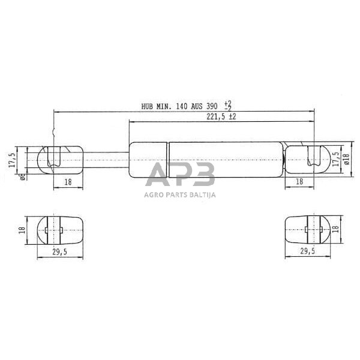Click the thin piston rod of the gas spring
(106, 159)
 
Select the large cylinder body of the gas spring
(204, 159)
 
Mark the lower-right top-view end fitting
(307, 229)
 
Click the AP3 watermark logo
(181, 175)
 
